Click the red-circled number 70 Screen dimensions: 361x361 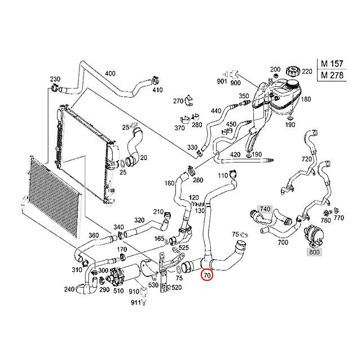pyautogui.click(x=207, y=276)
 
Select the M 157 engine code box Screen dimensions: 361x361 pyautogui.click(x=332, y=63)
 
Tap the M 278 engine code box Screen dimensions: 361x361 pyautogui.click(x=332, y=74)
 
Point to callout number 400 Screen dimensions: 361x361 pyautogui.click(x=111, y=73)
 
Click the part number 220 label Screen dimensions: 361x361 pyautogui.click(x=307, y=72)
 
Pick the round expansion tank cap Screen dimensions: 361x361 pyautogui.click(x=292, y=72)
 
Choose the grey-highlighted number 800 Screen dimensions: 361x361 pyautogui.click(x=314, y=252)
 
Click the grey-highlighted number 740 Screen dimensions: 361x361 pyautogui.click(x=265, y=209)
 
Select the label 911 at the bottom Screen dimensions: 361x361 pyautogui.click(x=135, y=303)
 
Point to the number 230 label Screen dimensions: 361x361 pyautogui.click(x=55, y=79)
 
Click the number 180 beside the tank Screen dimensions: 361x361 pyautogui.click(x=306, y=99)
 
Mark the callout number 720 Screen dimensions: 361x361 pyautogui.click(x=307, y=160)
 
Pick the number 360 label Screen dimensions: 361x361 pyautogui.click(x=94, y=236)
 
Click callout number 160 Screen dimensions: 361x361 pyautogui.click(x=169, y=183)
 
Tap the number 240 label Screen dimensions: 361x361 pyautogui.click(x=69, y=289)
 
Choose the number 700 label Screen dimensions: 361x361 pyautogui.click(x=283, y=242)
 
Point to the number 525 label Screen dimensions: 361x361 pyautogui.click(x=184, y=248)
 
